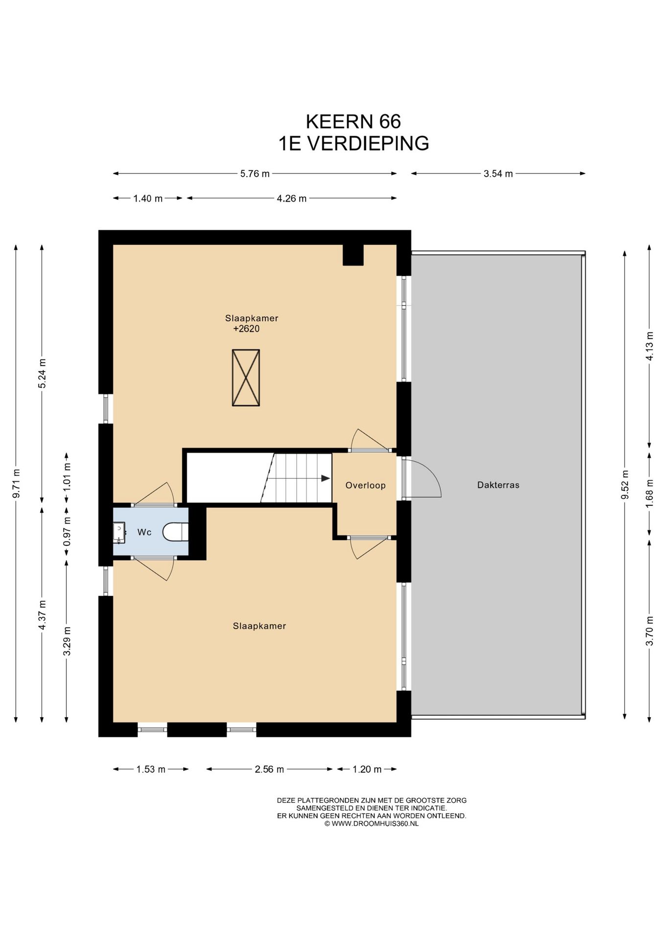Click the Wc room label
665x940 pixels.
point(144,532)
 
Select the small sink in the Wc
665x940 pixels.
point(119,533)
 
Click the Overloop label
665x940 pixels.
point(365,485)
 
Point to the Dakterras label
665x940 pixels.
point(498,485)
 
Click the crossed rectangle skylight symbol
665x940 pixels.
point(246,377)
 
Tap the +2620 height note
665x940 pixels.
point(246,329)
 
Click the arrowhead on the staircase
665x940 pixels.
point(325,478)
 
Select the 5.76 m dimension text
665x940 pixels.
point(255,173)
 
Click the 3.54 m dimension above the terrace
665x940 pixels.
point(498,173)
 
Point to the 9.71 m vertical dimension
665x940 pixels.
point(16,484)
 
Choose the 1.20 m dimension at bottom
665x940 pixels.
point(367,769)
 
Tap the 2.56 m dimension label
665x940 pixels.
point(269,769)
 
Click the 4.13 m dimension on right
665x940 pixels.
point(649,346)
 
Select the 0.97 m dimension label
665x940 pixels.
point(67,532)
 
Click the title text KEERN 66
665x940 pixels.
point(353,121)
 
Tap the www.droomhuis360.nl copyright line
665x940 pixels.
point(371,823)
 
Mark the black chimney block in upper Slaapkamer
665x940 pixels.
point(353,255)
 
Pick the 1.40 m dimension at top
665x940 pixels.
point(148,198)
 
